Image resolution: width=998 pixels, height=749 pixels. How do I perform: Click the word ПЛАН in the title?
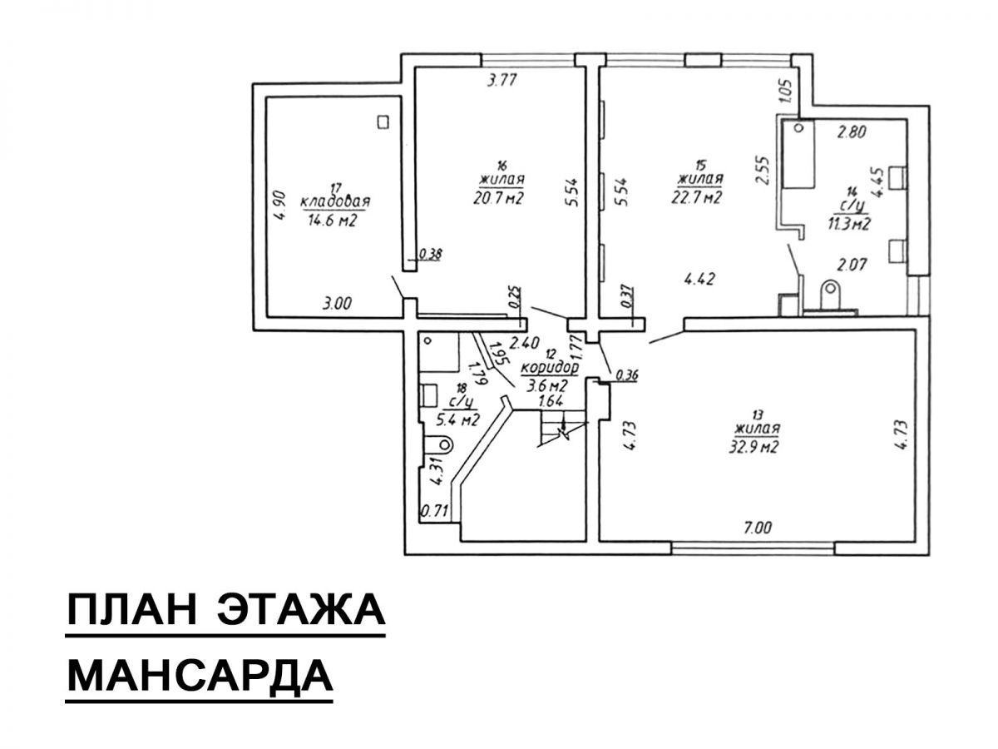(x=131, y=610)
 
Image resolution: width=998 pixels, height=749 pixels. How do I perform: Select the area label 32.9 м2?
(x=756, y=446)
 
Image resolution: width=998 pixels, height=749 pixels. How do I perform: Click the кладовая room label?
(x=334, y=202)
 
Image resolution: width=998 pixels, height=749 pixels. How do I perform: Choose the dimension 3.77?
(x=502, y=81)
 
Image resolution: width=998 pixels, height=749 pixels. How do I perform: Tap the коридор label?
(x=549, y=367)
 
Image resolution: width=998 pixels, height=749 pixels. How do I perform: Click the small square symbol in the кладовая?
(x=383, y=122)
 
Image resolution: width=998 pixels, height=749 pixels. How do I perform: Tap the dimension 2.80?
(x=853, y=131)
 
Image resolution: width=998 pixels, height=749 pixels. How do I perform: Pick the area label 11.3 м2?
(x=850, y=224)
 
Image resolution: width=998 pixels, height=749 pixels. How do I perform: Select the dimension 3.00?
(x=336, y=305)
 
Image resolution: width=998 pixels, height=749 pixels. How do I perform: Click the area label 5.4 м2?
(x=458, y=420)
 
